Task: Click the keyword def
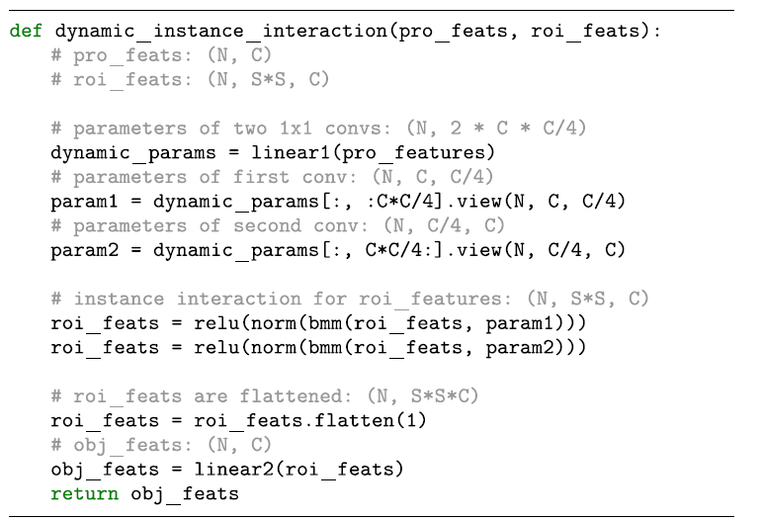[x=27, y=31]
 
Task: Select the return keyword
[x=84, y=493]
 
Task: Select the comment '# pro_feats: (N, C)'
[x=161, y=55]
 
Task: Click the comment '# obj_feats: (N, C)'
[x=161, y=445]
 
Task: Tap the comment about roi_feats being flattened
[x=265, y=395]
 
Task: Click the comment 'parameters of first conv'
[x=272, y=177]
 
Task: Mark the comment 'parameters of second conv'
[x=278, y=225]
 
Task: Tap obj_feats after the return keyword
[x=185, y=493]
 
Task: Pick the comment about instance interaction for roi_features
[x=349, y=299]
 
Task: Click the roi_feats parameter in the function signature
[x=585, y=31]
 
